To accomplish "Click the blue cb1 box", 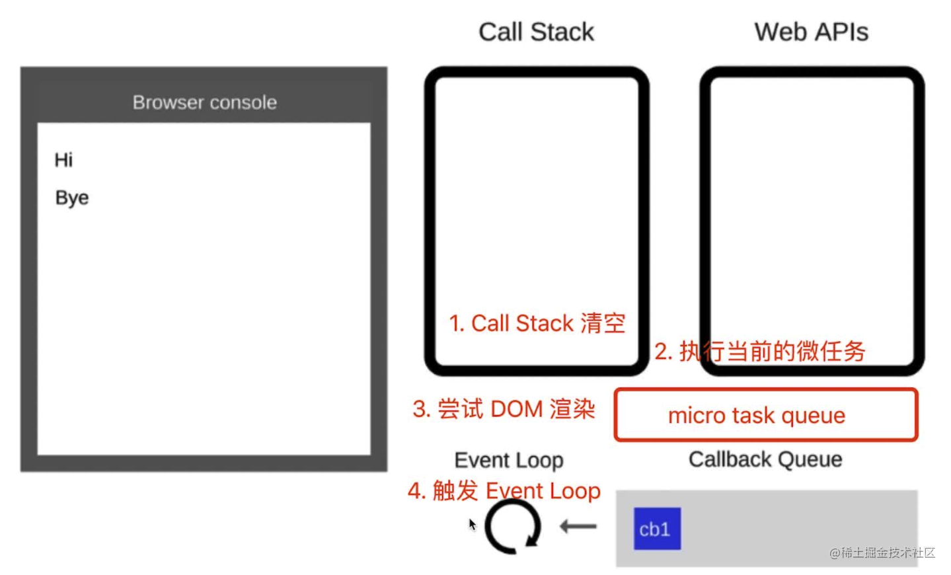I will [657, 529].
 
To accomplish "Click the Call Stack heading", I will [536, 32].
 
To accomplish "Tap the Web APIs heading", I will [811, 32].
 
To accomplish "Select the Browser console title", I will [204, 102].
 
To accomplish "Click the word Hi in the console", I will [63, 160].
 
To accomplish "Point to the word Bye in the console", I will [71, 198].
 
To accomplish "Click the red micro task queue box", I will [766, 415].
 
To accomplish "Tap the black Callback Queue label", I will [765, 459].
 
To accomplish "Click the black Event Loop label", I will [508, 460].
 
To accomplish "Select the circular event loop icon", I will [513, 527].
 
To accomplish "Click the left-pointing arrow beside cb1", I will [578, 527].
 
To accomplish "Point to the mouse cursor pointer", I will [472, 524].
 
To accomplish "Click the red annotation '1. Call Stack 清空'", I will [537, 323].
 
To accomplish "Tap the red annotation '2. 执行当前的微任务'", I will [759, 351].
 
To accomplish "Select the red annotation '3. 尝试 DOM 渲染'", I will [504, 409].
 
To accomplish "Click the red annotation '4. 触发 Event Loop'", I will [504, 491].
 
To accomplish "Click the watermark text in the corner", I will [882, 553].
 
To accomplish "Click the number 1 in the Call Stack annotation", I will [454, 324].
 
